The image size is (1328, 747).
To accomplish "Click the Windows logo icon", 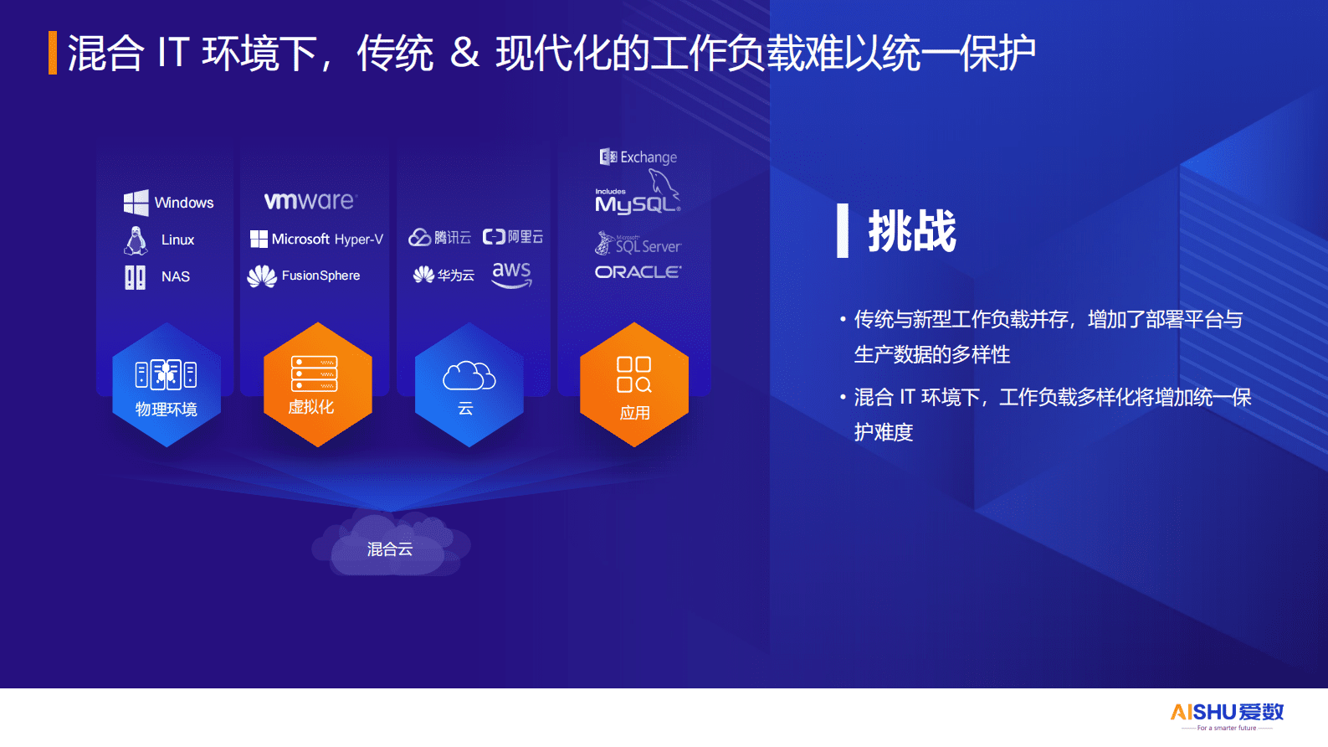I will pos(136,203).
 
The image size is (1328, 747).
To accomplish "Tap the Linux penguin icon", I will pos(136,240).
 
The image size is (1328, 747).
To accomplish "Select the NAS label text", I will pos(176,276).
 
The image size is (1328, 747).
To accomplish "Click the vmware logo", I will pos(310,201).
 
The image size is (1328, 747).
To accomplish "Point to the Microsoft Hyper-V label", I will pos(316,240).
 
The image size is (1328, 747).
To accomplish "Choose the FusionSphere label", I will pos(305,276).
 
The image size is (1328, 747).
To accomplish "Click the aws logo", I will pos(511,274).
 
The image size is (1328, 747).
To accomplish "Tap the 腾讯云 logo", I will pos(439,238).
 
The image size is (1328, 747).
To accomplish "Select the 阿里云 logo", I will pos(513,237).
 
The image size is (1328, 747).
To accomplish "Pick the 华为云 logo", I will pos(444,275).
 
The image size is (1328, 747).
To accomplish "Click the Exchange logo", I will pos(638,157).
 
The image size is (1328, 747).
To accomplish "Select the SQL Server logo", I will pos(638,245).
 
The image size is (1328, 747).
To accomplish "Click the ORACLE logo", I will pos(638,272).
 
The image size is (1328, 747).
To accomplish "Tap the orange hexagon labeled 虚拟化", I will pos(318,384).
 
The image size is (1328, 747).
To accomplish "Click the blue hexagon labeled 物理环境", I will pos(167,384).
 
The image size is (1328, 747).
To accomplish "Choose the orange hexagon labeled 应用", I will pos(634,384).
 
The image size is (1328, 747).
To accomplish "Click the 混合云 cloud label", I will pos(390,549).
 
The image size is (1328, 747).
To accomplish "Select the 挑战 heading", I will pos(911,231).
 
